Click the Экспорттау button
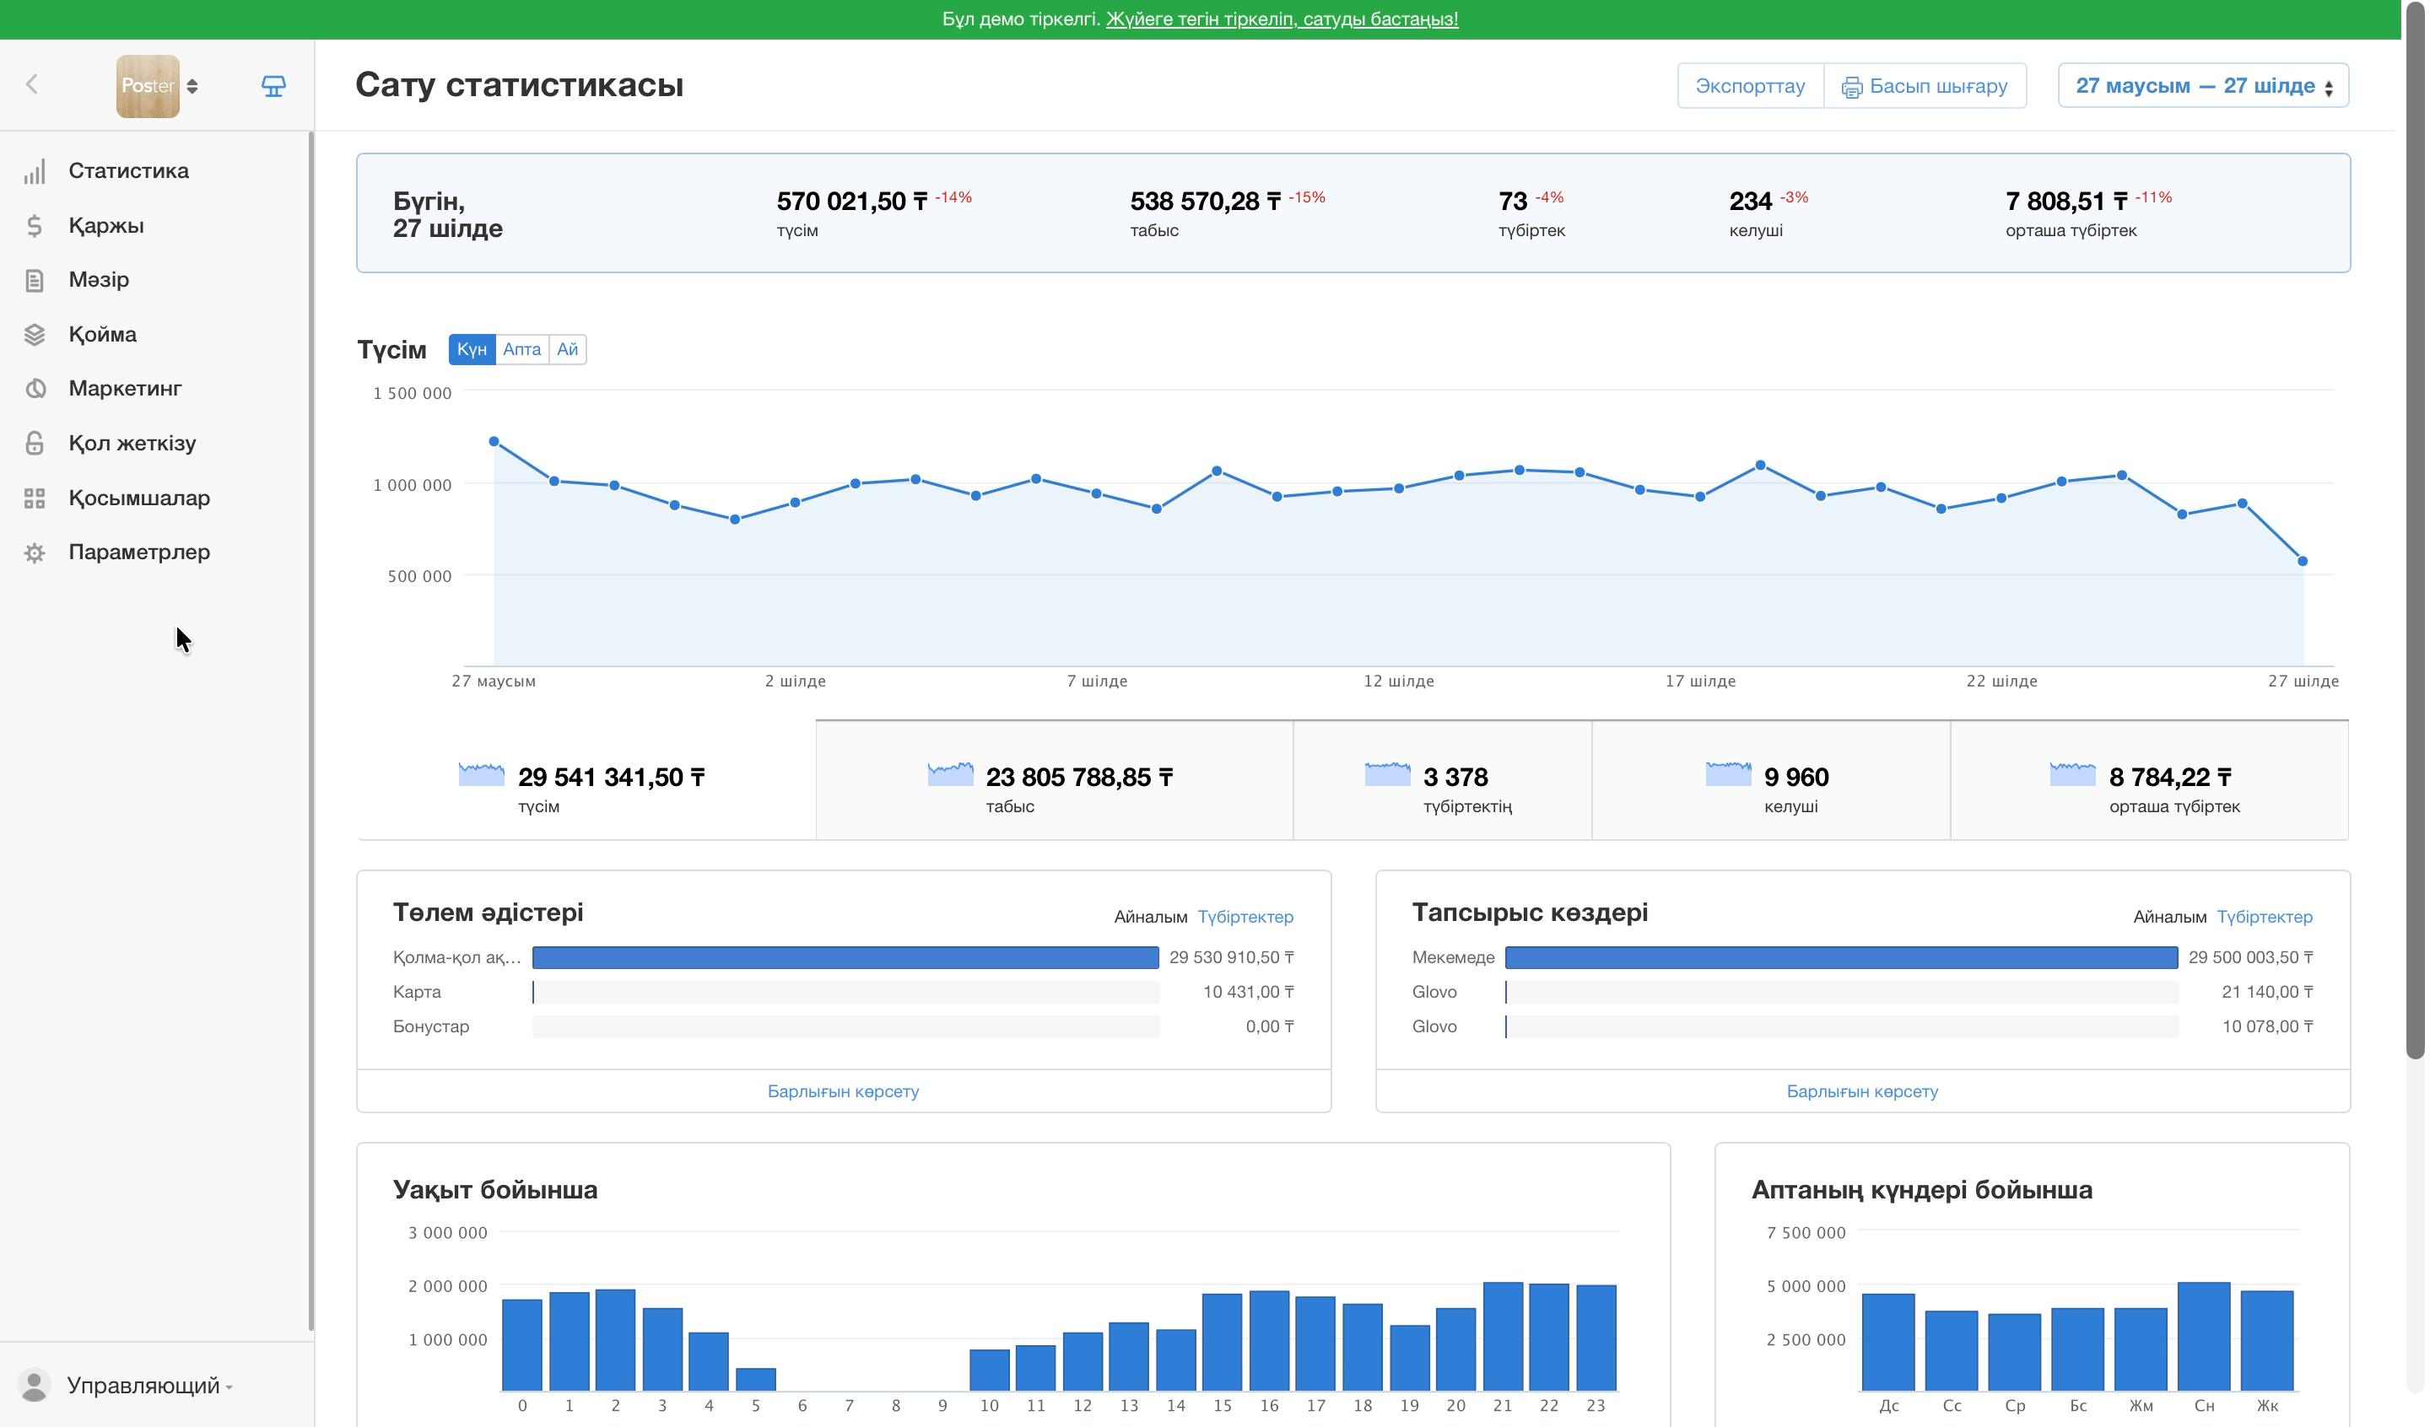tap(1750, 86)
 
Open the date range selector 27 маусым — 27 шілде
tap(2203, 86)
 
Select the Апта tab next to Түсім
tap(521, 349)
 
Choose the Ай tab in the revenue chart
tap(567, 349)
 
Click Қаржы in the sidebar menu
tap(106, 226)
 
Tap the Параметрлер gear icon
tap(35, 552)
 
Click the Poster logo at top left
tap(148, 86)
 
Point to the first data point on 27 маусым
tap(494, 442)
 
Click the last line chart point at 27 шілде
tap(2303, 561)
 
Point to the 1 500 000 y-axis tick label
tap(413, 393)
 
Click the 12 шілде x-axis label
tap(1398, 681)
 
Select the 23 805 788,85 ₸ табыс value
tap(1079, 777)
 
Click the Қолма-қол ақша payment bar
tap(845, 957)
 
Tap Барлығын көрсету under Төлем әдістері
tap(843, 1091)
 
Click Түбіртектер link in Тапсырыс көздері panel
tap(2264, 917)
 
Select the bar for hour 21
tap(1503, 1337)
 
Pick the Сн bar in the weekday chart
tap(2203, 1337)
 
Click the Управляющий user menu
tap(144, 1386)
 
